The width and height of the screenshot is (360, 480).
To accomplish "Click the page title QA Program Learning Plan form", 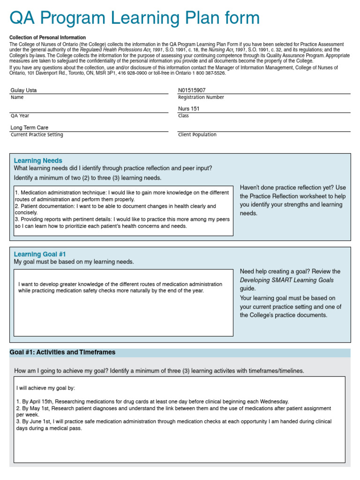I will (x=135, y=18).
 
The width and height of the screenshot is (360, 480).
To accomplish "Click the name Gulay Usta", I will (x=23, y=90).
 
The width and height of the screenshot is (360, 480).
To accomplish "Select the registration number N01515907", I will (x=192, y=90).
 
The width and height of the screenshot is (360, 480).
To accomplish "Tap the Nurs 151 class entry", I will (x=188, y=109).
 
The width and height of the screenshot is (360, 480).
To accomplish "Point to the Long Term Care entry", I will (x=29, y=127).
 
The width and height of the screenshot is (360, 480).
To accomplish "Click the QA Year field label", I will (x=20, y=116).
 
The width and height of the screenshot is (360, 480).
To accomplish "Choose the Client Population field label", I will (x=197, y=135).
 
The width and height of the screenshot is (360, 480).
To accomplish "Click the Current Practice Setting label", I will (x=37, y=135).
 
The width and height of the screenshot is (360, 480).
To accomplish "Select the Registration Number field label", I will (x=201, y=97).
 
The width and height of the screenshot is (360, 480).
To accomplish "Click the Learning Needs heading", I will (x=38, y=160).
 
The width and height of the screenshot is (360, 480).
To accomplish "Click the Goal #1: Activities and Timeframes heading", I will (x=62, y=352).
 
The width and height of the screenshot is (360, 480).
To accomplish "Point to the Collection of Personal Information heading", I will (x=47, y=37).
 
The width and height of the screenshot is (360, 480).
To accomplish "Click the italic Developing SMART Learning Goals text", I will (x=286, y=280).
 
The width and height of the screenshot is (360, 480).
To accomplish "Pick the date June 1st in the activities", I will (x=37, y=421).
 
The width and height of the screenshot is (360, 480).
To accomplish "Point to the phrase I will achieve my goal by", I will (x=45, y=388).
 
